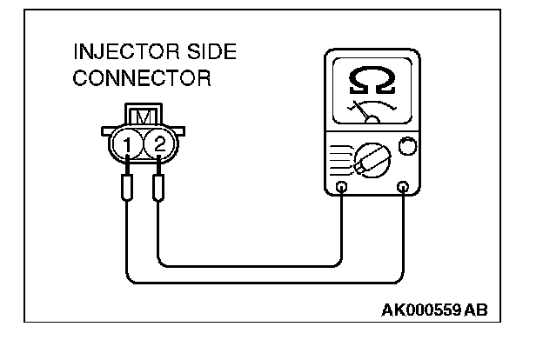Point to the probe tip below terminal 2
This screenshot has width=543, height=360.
pos(159,187)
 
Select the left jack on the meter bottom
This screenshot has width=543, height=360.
pos(342,188)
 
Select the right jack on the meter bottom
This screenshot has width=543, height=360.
pos(403,188)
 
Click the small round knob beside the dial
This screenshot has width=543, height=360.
pos(405,145)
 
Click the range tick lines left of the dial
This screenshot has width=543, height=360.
pos(340,157)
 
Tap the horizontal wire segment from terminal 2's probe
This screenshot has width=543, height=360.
pos(252,263)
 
